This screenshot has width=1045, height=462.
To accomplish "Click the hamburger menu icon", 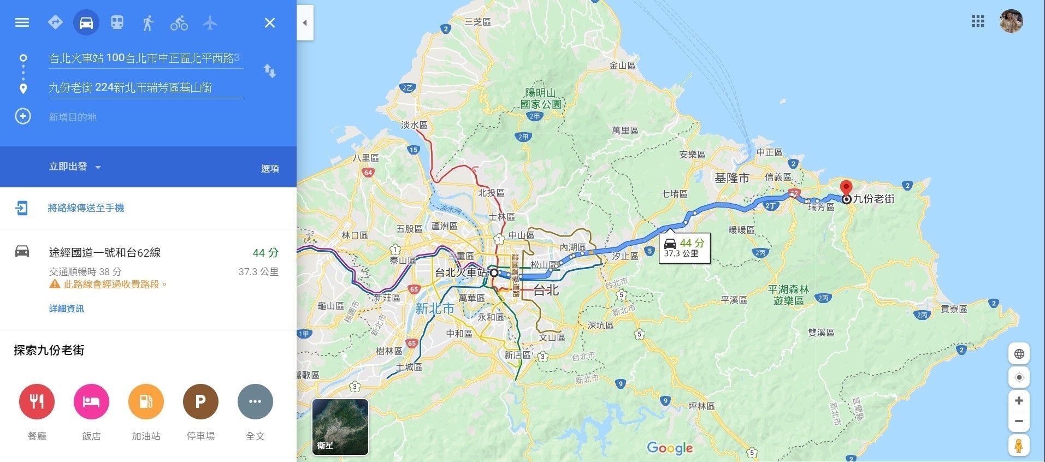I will point(22,22).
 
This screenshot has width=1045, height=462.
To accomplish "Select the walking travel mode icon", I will point(147,23).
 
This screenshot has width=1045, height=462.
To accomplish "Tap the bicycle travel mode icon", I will point(179,23).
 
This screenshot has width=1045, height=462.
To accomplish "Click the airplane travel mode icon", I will point(210,23).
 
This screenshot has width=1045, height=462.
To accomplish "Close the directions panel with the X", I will point(270,23).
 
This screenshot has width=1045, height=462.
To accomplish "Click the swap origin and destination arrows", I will point(270,71).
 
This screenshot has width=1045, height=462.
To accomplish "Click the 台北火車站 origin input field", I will point(145,58).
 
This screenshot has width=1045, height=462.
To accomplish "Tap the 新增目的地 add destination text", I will point(73,117).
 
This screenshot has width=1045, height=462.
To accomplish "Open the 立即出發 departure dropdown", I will point(75,167).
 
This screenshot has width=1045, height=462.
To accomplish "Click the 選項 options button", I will point(270,169).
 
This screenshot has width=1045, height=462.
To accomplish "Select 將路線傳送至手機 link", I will point(86,208).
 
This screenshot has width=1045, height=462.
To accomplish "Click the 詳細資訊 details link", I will point(67,309).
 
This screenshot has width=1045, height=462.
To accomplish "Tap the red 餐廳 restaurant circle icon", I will point(37,402).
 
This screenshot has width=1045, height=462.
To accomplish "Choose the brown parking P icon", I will point(200,402).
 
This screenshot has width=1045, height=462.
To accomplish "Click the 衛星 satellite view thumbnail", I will point(340,427).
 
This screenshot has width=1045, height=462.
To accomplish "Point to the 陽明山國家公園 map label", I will point(540,98).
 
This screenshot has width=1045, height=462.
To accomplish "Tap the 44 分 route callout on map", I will point(684,248).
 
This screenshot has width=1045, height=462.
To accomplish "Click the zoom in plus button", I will point(1019,401).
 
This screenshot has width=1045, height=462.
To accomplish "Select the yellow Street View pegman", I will point(1019,445).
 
